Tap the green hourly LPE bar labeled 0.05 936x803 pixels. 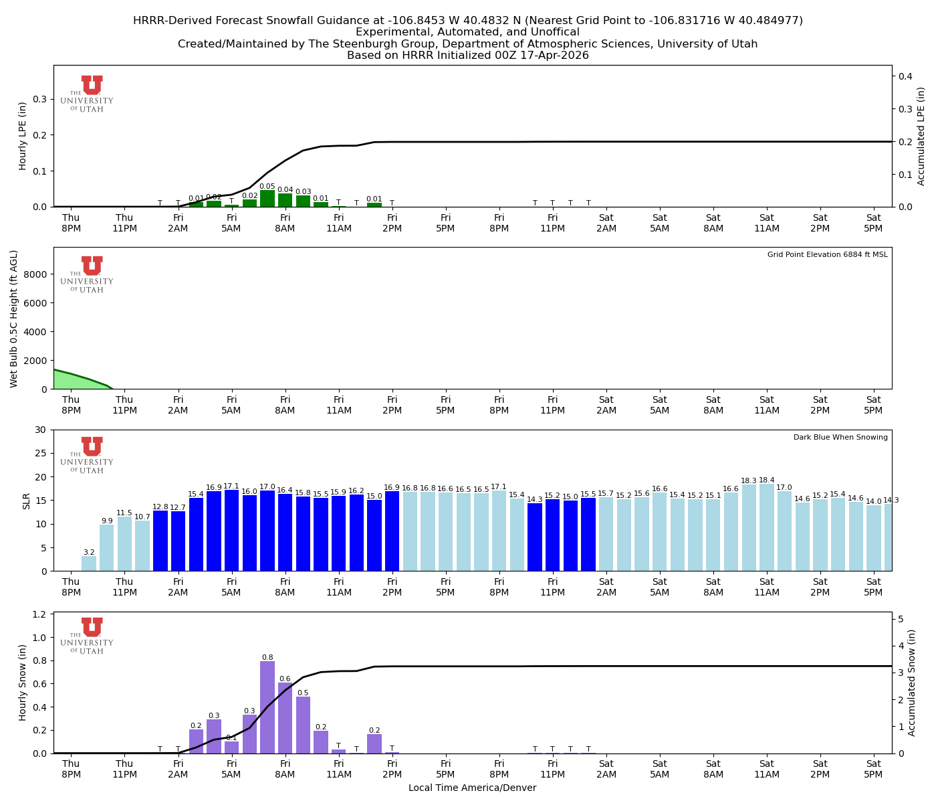point(267,199)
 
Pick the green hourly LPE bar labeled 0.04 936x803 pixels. point(285,200)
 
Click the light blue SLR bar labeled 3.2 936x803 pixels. point(89,563)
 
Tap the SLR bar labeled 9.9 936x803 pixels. point(107,547)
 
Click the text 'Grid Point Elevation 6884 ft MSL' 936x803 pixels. point(827,255)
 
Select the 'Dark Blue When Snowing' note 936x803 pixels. point(840,438)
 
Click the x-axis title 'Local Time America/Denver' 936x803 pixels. point(472,788)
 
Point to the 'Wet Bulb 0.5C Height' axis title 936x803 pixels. point(14,319)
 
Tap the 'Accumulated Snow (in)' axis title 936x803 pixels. point(912,683)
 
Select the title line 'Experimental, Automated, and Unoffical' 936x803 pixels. point(467,32)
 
